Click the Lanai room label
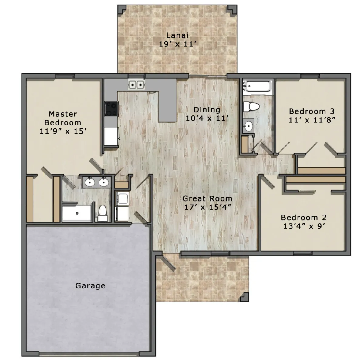177,35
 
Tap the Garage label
90,286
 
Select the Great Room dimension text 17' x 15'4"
207,207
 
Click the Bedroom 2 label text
304,218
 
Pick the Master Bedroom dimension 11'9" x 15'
63,131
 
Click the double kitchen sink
136,85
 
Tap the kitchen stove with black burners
112,109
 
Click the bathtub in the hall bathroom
258,87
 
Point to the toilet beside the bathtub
251,107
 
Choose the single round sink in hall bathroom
248,125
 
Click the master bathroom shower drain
77,213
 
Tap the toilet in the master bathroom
103,213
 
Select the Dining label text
207,110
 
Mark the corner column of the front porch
244,297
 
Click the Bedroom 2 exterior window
303,253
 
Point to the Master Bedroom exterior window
65,76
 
